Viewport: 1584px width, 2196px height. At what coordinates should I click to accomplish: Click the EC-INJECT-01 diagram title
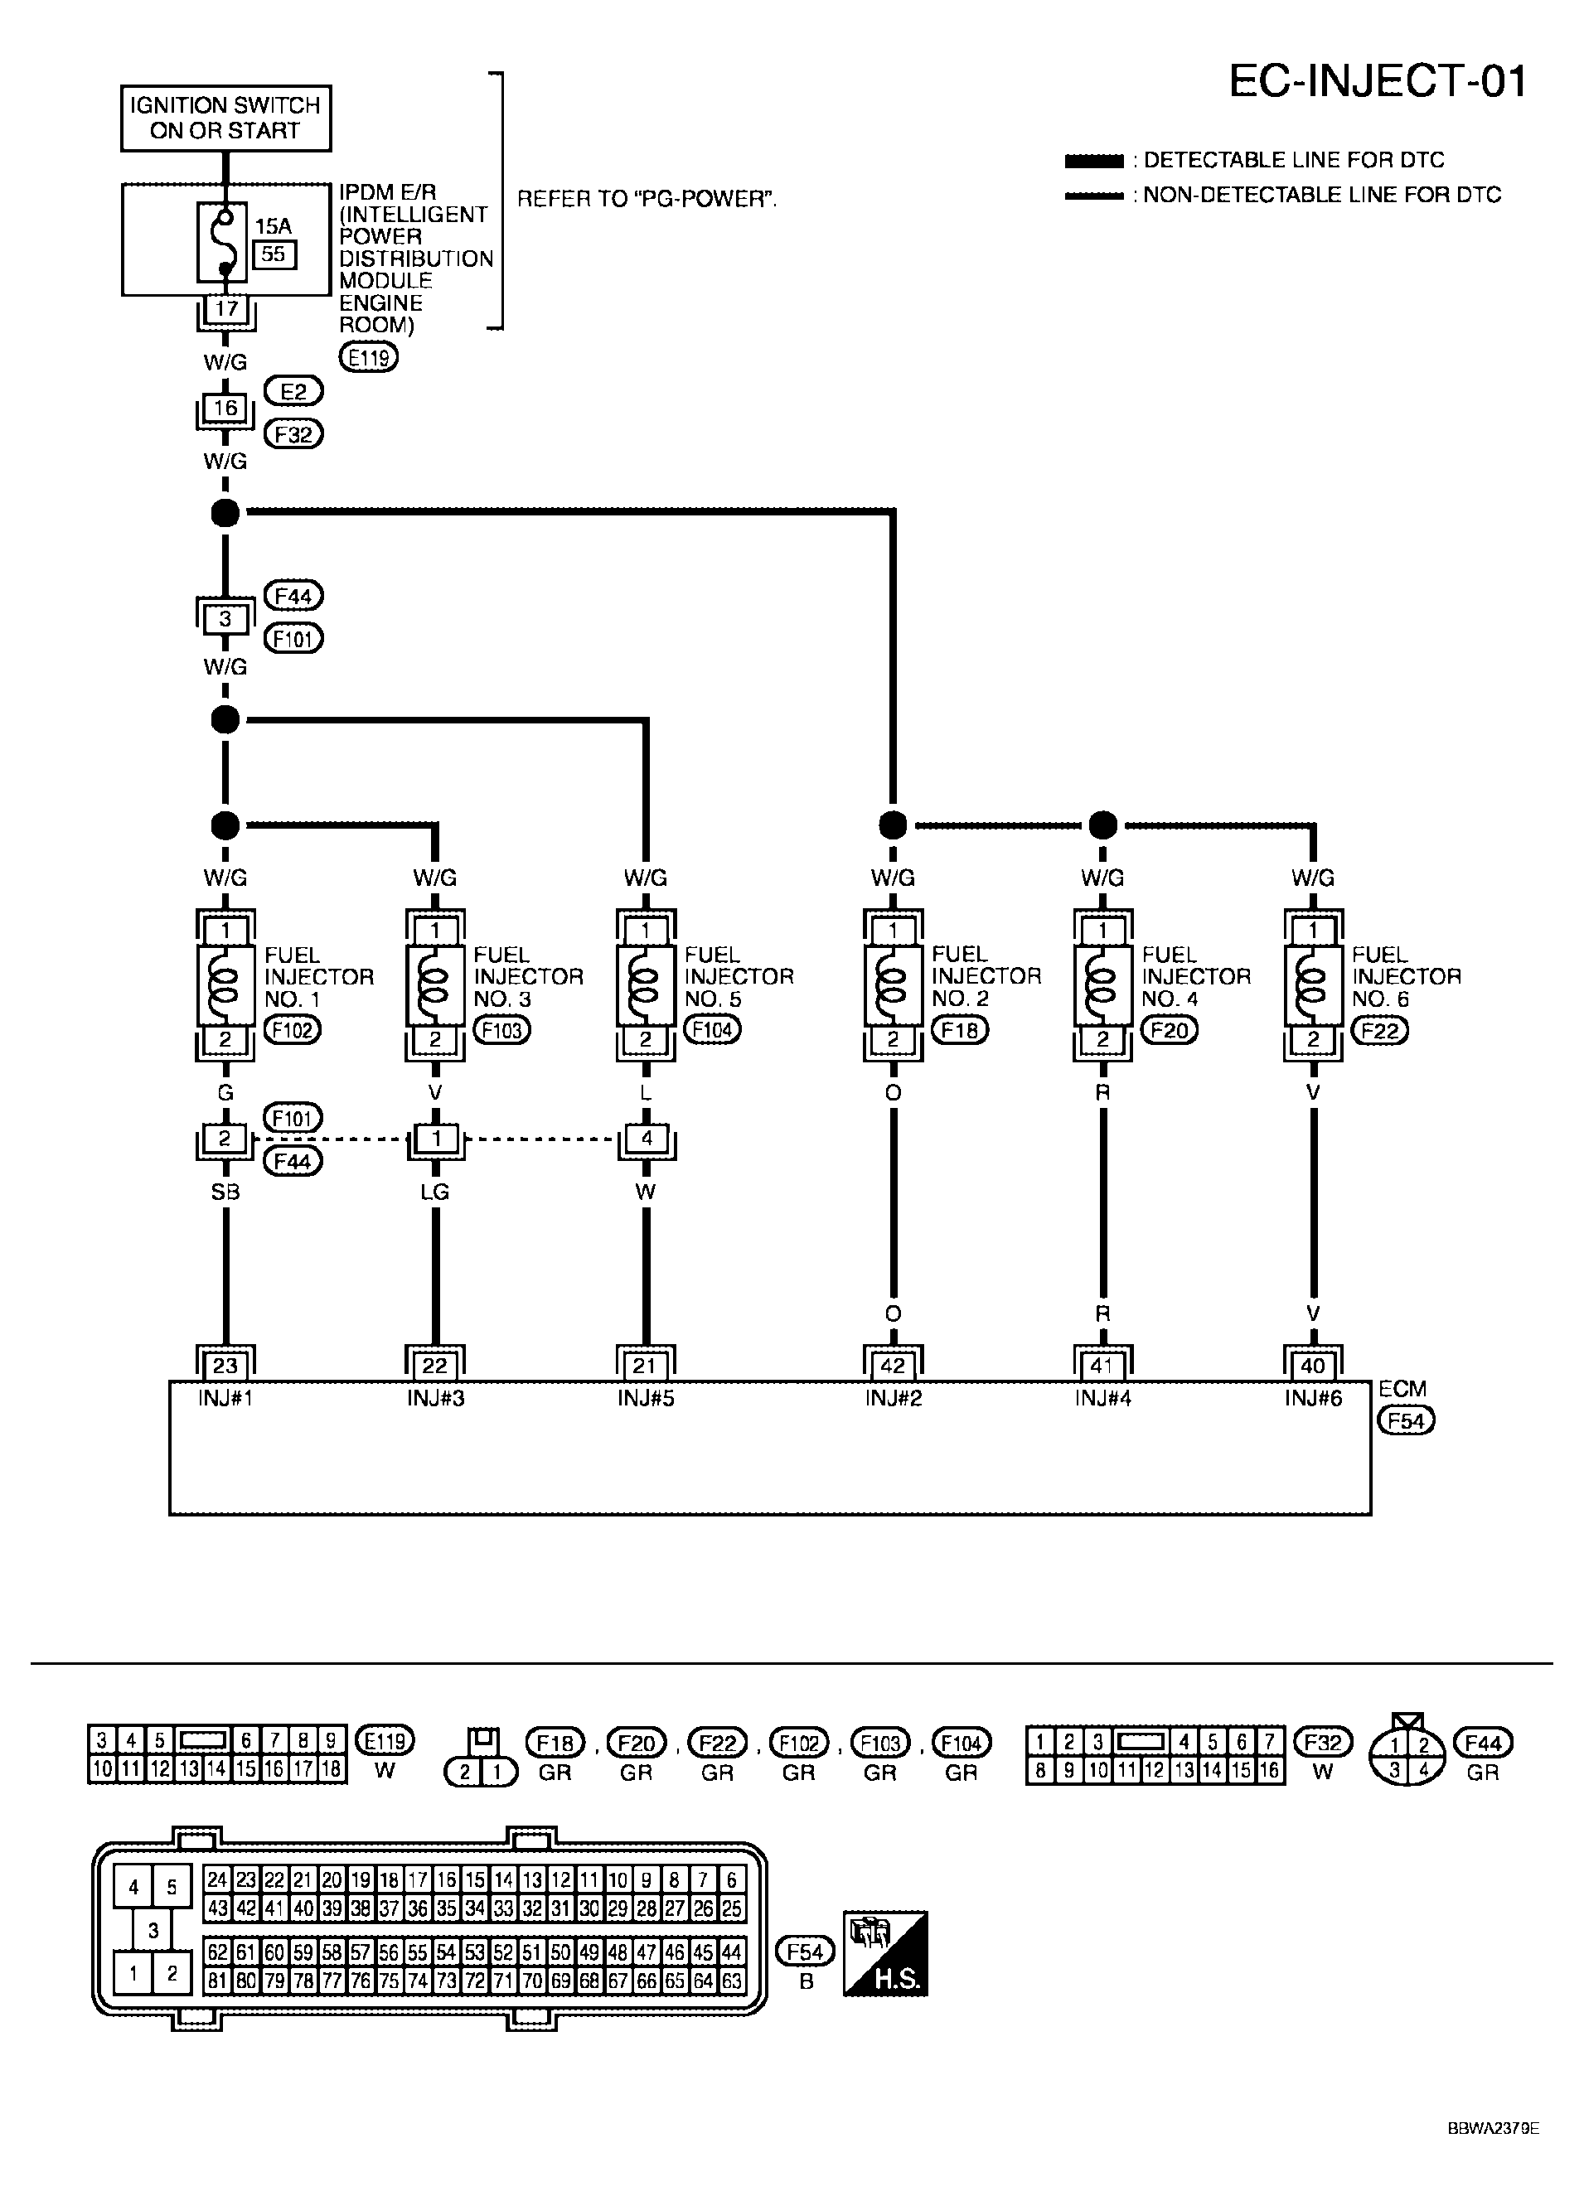pyautogui.click(x=1377, y=82)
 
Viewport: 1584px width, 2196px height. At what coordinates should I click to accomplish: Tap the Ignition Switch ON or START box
pyautogui.click(x=225, y=119)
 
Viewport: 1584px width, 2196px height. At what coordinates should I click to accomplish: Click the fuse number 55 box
pyautogui.click(x=274, y=254)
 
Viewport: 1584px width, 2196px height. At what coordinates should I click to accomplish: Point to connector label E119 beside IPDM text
pyautogui.click(x=368, y=357)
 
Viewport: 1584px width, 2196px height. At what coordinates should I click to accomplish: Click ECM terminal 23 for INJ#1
pyautogui.click(x=225, y=1365)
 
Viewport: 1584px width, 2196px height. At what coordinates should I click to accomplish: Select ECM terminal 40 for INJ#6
pyautogui.click(x=1313, y=1365)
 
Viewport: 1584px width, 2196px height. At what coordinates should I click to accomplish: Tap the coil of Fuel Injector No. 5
pyautogui.click(x=646, y=984)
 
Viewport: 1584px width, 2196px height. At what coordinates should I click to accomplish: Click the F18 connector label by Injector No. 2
pyautogui.click(x=960, y=1030)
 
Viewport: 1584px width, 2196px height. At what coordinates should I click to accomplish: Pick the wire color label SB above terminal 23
pyautogui.click(x=225, y=1192)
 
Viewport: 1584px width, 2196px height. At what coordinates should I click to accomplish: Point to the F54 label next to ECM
pyautogui.click(x=1406, y=1420)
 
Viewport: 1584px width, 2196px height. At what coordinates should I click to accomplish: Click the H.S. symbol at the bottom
pyautogui.click(x=885, y=1953)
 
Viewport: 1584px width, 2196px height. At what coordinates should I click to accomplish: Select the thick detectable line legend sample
pyautogui.click(x=1093, y=161)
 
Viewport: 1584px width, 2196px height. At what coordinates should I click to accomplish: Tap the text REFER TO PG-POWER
pyautogui.click(x=646, y=200)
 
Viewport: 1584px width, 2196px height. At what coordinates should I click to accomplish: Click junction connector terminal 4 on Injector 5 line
pyautogui.click(x=646, y=1139)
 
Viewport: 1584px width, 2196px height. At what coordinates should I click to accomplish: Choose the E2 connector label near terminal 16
pyautogui.click(x=293, y=391)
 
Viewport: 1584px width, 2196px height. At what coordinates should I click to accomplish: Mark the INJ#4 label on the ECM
pyautogui.click(x=1102, y=1398)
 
